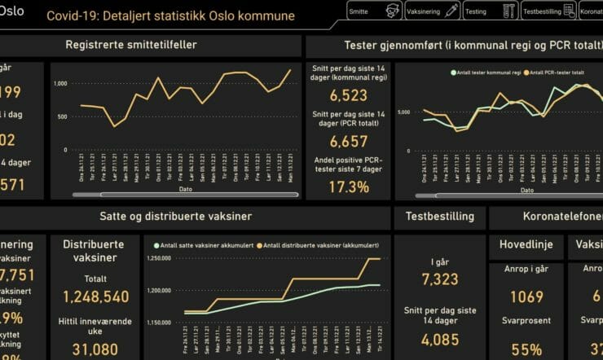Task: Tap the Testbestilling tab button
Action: (548, 11)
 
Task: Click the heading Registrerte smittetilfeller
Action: (130, 46)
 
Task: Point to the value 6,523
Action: (349, 95)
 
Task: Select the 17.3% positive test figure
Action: (349, 187)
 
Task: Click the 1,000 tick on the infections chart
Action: (60, 84)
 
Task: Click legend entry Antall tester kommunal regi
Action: (486, 73)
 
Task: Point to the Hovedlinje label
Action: (526, 244)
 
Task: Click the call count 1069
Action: (526, 297)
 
